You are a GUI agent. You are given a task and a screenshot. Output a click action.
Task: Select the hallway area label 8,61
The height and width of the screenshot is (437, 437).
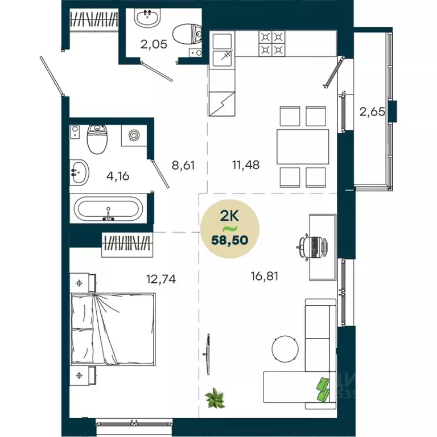coord(183,167)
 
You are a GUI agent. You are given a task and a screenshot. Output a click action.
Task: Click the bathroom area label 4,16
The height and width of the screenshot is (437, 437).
coord(117,176)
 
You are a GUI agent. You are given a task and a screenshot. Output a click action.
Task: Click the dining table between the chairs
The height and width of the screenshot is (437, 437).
coord(302,146)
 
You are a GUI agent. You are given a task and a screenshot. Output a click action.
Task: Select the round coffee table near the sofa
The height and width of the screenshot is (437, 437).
coord(285,348)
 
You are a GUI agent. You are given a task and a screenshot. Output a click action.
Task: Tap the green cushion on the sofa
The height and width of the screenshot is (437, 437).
coord(323,387)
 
